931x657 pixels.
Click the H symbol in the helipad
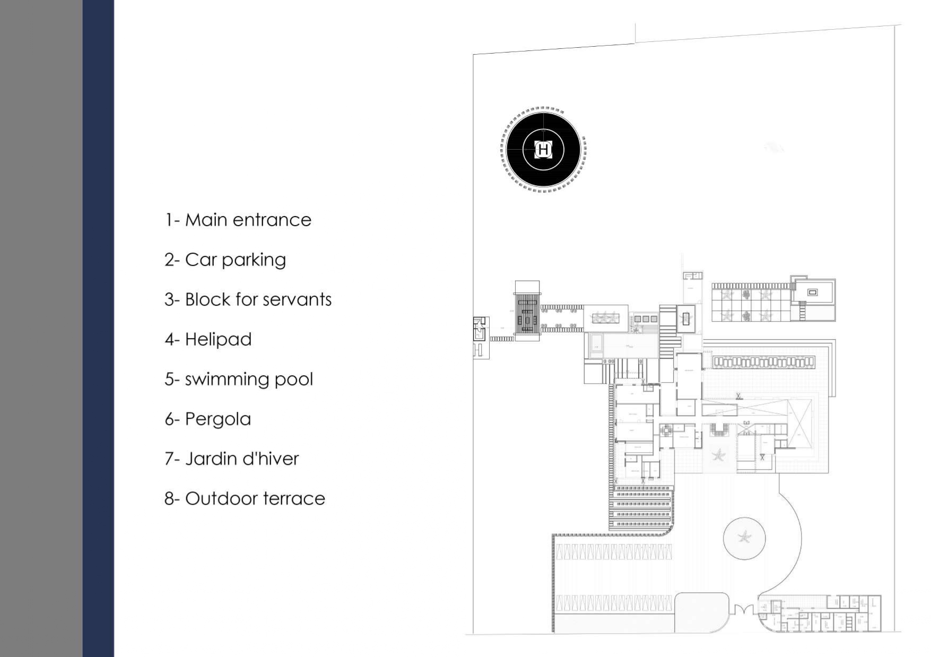tap(543, 150)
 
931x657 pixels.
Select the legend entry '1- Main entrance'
tap(238, 220)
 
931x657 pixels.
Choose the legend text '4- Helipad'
tap(208, 339)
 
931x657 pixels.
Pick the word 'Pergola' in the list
tap(217, 419)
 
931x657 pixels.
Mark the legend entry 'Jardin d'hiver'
tap(241, 459)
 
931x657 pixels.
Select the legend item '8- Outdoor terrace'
tap(245, 498)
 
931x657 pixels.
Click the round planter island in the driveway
tap(744, 538)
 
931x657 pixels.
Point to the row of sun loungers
tap(763, 362)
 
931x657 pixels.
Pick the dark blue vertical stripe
tap(98, 328)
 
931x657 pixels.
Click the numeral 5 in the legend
tap(169, 379)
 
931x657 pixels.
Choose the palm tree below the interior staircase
tap(718, 455)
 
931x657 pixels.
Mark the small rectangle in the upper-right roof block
tap(812, 292)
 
